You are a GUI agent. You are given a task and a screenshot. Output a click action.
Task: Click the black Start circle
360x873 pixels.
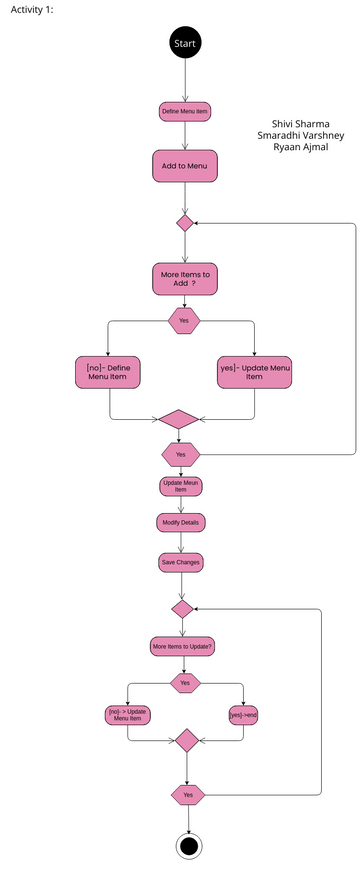click(185, 44)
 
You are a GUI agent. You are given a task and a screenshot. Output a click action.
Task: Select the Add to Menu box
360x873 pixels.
click(184, 166)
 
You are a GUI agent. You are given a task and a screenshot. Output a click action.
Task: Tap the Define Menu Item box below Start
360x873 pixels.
click(185, 112)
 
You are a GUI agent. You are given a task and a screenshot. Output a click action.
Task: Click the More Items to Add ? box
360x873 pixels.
click(184, 277)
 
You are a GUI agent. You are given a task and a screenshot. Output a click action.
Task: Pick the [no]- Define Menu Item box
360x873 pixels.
click(108, 372)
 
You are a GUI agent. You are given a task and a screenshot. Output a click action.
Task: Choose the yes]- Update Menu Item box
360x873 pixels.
click(255, 372)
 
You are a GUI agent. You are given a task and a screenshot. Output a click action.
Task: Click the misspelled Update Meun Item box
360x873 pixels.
click(181, 487)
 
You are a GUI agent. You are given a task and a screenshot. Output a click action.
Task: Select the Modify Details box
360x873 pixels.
click(181, 523)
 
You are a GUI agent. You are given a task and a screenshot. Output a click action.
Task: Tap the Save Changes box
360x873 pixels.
click(181, 563)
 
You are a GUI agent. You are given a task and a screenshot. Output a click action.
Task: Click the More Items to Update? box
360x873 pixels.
click(183, 646)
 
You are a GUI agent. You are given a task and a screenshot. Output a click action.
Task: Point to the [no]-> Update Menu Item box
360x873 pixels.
click(129, 715)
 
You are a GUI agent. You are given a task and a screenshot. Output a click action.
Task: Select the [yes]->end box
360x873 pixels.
click(244, 715)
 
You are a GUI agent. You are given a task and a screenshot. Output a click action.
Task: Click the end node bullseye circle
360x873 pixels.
click(187, 845)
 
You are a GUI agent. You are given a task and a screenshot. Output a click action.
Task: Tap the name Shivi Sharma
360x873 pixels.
click(300, 124)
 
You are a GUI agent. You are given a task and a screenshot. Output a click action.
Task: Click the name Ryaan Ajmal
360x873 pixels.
click(300, 148)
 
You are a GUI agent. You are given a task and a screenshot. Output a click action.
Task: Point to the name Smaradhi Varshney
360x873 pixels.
click(300, 136)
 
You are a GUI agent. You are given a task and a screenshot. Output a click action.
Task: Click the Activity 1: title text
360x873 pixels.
click(34, 9)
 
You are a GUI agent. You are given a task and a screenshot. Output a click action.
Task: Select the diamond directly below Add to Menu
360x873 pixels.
click(184, 222)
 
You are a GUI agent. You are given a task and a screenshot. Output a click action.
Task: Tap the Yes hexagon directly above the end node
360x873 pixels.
click(187, 794)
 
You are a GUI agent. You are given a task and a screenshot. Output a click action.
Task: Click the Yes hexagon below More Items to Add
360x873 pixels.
click(184, 321)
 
